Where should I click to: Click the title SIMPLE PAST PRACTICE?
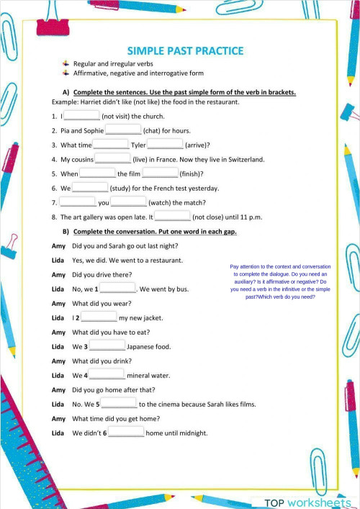point(185,50)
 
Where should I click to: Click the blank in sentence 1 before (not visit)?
point(82,115)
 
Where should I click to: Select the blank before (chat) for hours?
point(123,130)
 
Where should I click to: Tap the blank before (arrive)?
point(165,145)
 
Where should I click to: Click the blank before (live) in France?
point(113,159)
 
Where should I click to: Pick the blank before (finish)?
point(160,174)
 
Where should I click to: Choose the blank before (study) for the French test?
point(90,188)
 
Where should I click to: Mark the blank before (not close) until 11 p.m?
point(173,216)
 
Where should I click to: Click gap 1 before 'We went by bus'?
point(118,289)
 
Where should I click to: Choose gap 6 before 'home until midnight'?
point(126,433)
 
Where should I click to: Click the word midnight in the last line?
point(190,433)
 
